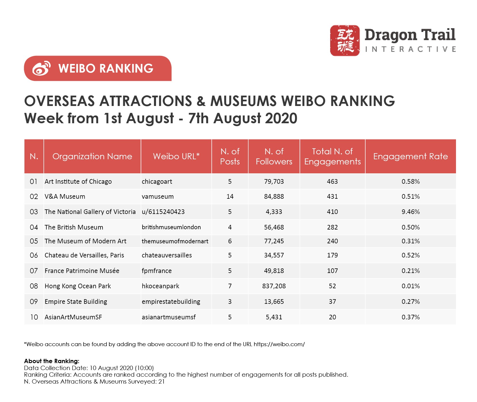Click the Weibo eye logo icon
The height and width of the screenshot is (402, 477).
[41, 69]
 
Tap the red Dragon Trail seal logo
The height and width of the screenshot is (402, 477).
[345, 40]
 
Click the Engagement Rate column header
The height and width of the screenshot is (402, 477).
[410, 156]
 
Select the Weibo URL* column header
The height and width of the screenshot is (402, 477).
[176, 156]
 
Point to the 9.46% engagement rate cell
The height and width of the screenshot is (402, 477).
[411, 212]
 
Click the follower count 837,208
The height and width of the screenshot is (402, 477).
[274, 286]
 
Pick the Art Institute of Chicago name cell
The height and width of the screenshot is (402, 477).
[78, 182]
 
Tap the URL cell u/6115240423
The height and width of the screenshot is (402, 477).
[163, 212]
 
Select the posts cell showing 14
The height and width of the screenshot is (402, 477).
[230, 197]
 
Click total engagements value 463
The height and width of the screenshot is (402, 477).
[332, 182]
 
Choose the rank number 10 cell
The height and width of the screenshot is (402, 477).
[34, 317]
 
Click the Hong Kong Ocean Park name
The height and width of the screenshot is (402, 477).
[78, 286]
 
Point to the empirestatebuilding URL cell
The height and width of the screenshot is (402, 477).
[171, 302]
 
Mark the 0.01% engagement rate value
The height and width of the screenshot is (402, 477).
[411, 286]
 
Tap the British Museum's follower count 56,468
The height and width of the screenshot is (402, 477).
[274, 227]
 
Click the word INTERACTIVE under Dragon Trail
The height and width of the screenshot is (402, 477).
[410, 50]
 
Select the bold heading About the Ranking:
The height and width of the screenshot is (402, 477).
[52, 361]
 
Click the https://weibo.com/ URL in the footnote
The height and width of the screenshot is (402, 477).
[279, 344]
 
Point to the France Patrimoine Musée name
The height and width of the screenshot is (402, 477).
[82, 271]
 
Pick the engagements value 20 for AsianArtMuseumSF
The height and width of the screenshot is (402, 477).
[332, 317]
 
